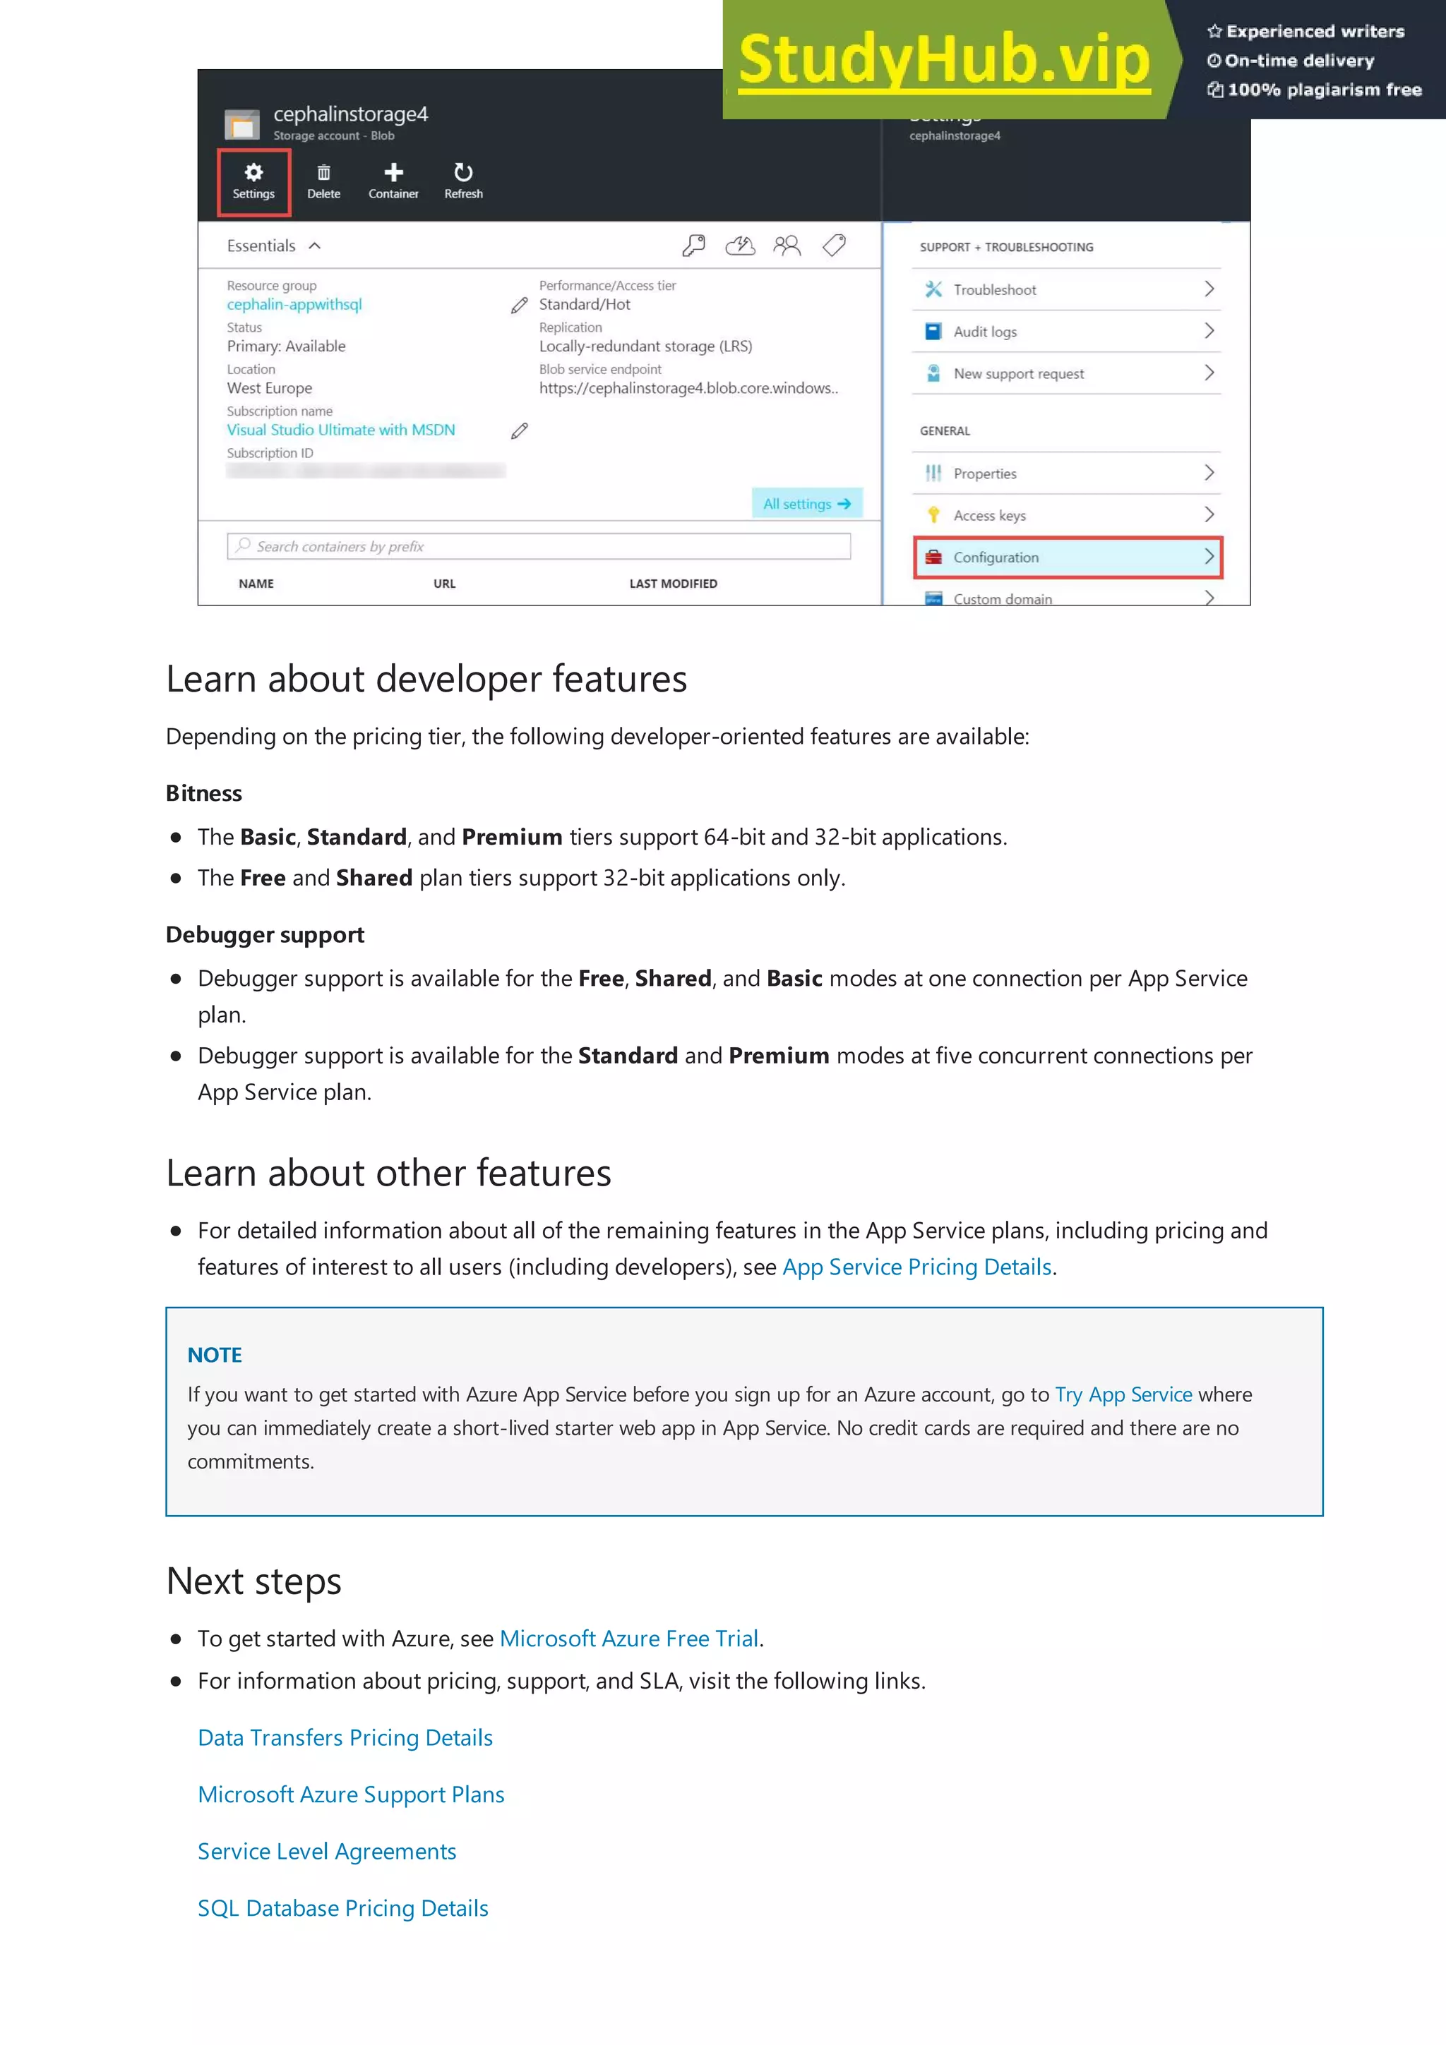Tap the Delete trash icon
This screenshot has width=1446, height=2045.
coord(323,181)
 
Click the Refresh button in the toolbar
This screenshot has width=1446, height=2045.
coord(463,181)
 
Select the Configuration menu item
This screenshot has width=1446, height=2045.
coord(1068,557)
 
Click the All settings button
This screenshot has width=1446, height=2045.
coord(806,504)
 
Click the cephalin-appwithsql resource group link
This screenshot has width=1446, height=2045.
coord(294,305)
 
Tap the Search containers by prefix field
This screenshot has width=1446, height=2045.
coord(539,546)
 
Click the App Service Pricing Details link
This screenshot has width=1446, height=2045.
coord(916,1267)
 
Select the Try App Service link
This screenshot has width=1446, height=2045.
coord(1123,1395)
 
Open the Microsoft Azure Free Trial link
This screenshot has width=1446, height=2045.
coord(629,1639)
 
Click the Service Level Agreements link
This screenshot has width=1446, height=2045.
coord(327,1852)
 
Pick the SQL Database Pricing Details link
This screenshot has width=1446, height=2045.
coord(343,1909)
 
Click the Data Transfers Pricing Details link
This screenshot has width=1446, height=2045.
coord(345,1738)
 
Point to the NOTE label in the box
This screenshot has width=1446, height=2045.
coord(215,1356)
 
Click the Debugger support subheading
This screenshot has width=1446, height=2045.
coord(265,935)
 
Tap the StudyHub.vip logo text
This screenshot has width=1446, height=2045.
coord(945,61)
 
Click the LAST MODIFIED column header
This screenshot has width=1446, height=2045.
coord(673,584)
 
